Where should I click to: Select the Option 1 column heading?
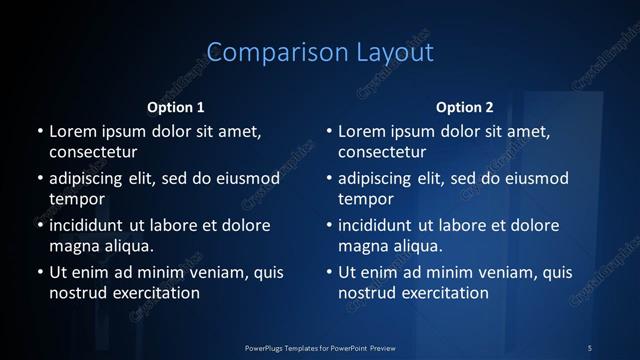tap(175, 107)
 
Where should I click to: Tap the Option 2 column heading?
tap(465, 107)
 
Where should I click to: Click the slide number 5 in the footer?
tap(590, 347)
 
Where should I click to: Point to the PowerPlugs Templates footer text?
tap(320, 347)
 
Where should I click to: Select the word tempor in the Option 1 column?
tap(73, 199)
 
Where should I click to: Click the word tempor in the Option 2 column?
tap(363, 199)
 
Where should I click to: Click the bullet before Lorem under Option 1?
tap(38, 132)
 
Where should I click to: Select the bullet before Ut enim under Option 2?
tap(328, 272)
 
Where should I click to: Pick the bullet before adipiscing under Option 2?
tap(328, 179)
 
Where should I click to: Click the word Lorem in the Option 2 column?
tap(362, 132)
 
